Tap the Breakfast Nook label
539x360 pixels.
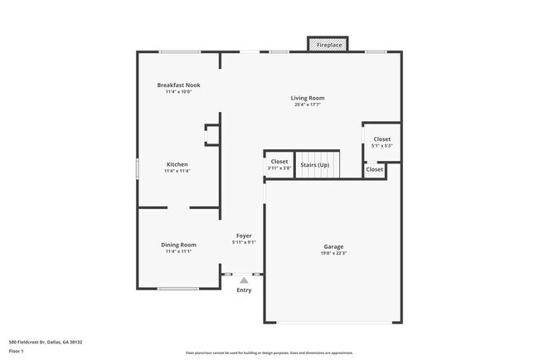point(178,85)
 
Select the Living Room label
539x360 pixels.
point(307,98)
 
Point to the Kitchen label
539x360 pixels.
point(177,164)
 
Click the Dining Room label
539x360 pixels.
point(178,244)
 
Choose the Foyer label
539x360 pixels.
point(244,236)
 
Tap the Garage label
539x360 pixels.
point(333,246)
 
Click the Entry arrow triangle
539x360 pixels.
point(244,281)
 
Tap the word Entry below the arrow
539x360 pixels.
point(244,290)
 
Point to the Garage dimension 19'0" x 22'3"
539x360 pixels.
point(333,253)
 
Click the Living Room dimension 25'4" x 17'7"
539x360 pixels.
point(307,105)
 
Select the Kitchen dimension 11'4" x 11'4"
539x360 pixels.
point(177,171)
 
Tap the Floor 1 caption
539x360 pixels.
point(17,352)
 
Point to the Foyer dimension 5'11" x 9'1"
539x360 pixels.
point(244,242)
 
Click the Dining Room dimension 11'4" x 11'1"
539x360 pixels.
point(178,251)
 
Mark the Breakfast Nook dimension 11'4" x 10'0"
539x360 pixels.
point(178,91)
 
